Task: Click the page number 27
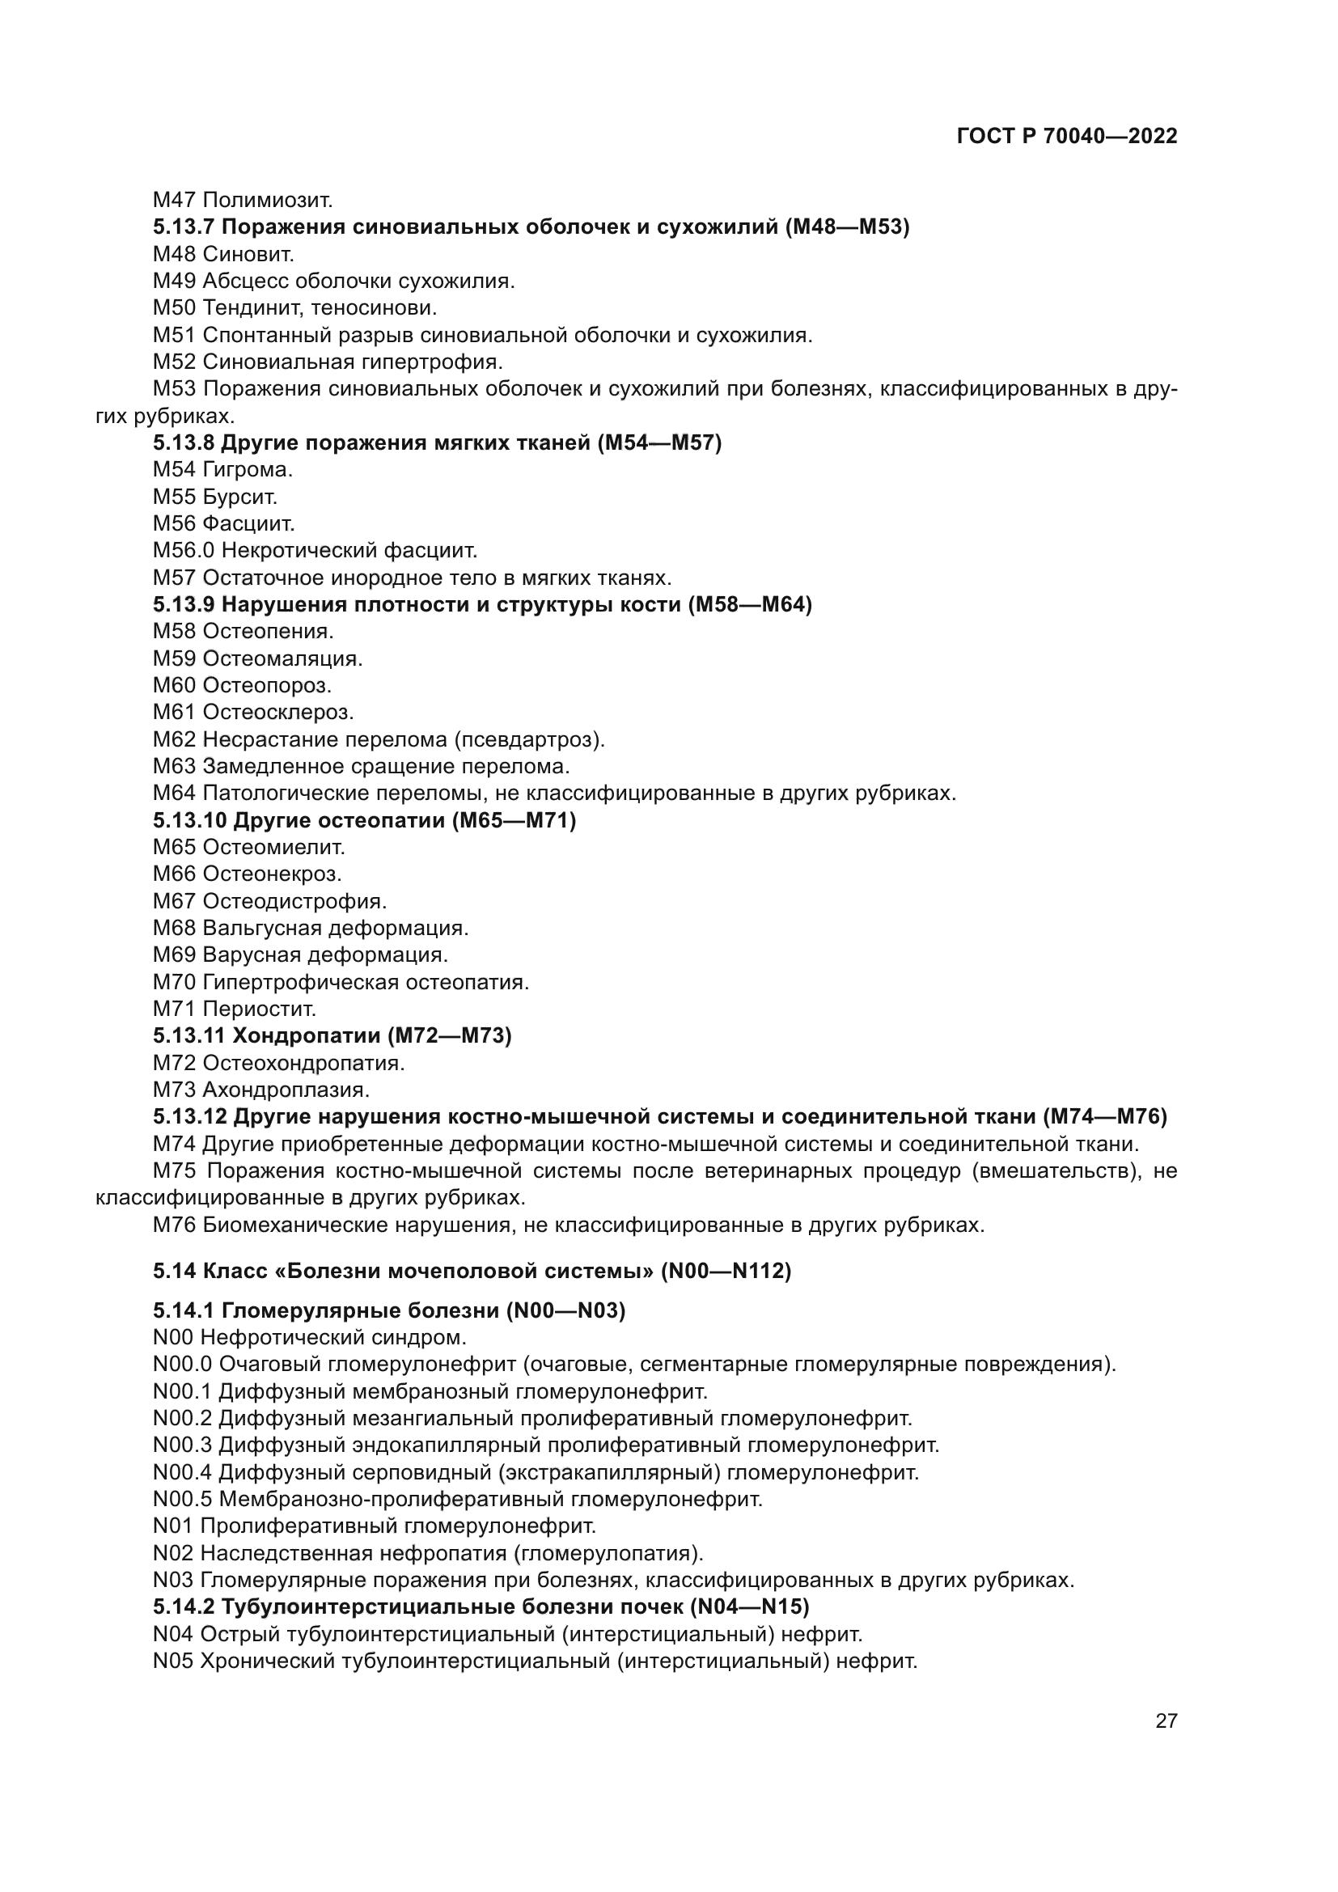tap(1166, 1721)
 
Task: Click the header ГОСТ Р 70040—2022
tap(1067, 137)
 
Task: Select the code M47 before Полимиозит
tap(175, 200)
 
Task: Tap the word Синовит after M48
tap(248, 254)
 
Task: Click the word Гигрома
tap(248, 470)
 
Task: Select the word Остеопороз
tap(267, 685)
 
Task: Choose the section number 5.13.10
tap(189, 820)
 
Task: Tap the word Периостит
tap(260, 1009)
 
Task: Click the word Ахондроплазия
tap(286, 1090)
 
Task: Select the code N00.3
tap(182, 1445)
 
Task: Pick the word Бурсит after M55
tap(239, 497)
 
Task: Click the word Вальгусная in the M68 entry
tap(262, 928)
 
